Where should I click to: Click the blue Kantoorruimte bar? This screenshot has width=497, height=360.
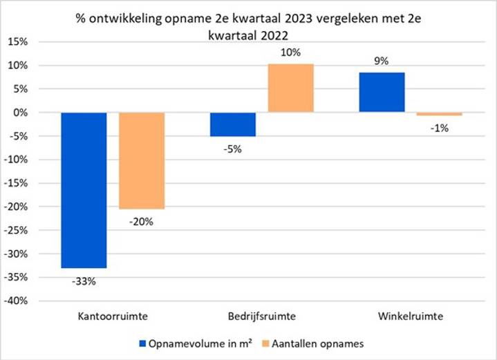coord(84,190)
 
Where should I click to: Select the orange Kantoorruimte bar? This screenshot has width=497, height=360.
coord(142,160)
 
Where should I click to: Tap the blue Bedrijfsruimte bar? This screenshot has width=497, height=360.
coord(233,124)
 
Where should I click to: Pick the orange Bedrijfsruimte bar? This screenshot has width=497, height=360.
coord(291,88)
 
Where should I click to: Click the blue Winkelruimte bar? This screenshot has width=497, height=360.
coord(382,92)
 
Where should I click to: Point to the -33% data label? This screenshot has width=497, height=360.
coord(84,281)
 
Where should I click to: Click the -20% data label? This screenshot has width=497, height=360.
coord(142,222)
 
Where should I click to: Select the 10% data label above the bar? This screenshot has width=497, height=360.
coord(291,52)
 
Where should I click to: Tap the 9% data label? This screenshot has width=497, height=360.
coord(382,60)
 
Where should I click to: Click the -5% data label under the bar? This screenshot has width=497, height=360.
coord(233,149)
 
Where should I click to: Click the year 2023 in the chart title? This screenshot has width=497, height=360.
coord(312,17)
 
